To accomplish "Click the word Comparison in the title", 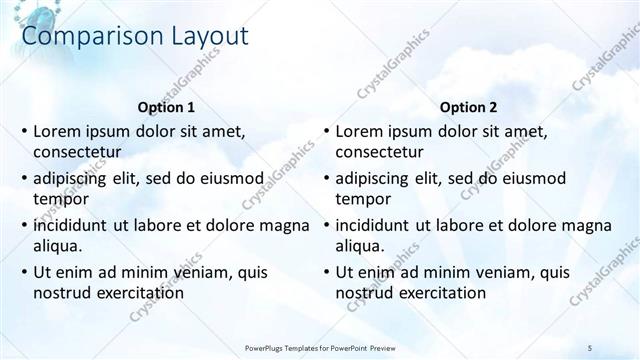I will [x=83, y=37].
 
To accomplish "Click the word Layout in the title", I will [x=200, y=37].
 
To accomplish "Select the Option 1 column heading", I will [x=165, y=107].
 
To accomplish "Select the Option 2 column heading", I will [x=467, y=107].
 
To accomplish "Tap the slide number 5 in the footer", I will [x=589, y=347].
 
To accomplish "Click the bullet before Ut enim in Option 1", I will [x=24, y=272].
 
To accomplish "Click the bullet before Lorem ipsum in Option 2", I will [x=326, y=131].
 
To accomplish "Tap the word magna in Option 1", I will [x=285, y=225].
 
